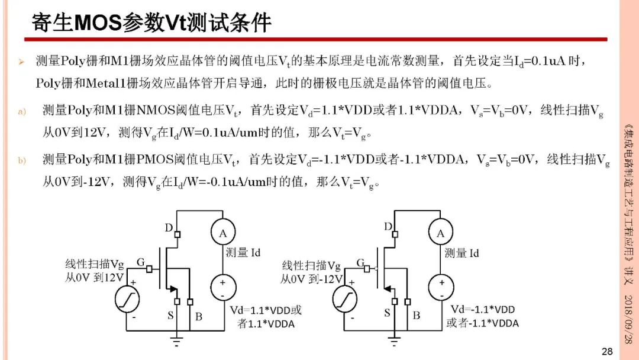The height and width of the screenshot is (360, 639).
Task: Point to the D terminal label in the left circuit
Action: [169, 227]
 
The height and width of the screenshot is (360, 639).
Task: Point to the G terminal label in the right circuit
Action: [360, 263]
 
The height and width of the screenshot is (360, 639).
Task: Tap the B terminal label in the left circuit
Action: [198, 316]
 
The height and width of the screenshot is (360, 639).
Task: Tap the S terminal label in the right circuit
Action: [387, 313]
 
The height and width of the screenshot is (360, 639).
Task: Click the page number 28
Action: [607, 352]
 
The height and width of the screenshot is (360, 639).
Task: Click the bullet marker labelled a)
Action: [22, 111]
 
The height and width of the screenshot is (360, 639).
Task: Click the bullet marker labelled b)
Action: [22, 160]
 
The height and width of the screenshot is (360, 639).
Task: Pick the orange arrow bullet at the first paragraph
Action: [21, 62]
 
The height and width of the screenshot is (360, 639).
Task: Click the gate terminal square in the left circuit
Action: [149, 269]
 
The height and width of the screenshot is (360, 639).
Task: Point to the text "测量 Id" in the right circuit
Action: [461, 253]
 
